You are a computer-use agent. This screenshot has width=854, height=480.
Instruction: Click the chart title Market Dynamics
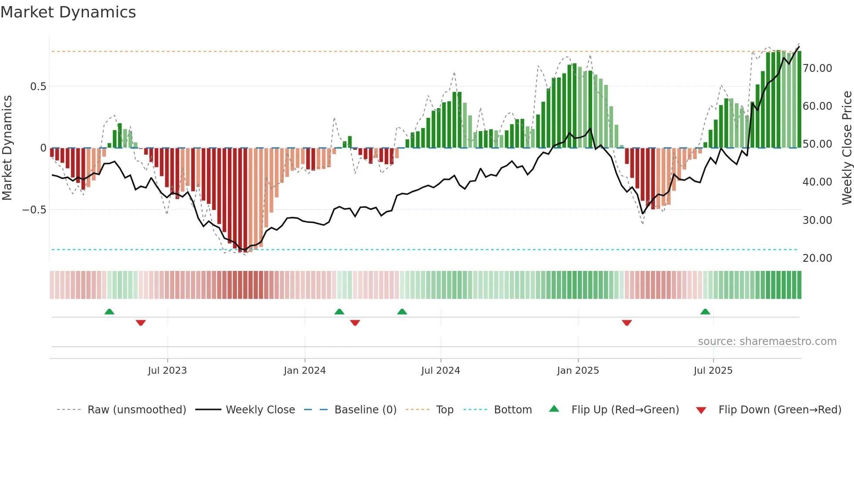(x=68, y=12)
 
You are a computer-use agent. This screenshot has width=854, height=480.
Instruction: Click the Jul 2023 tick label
(x=167, y=371)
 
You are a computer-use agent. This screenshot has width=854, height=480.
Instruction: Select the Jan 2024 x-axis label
(x=305, y=371)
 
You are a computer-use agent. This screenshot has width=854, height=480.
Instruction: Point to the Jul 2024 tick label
(x=441, y=371)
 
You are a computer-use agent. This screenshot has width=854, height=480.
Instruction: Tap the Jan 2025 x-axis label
(x=578, y=371)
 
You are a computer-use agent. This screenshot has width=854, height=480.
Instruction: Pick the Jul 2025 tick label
(x=713, y=371)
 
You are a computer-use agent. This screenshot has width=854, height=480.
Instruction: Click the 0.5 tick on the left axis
(x=38, y=87)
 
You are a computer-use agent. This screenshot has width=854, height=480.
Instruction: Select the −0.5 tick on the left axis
(x=34, y=210)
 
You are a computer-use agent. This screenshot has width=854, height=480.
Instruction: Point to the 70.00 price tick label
(x=817, y=68)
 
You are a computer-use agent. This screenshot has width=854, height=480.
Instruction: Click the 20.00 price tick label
(x=817, y=258)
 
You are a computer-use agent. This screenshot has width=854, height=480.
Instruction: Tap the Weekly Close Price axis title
(x=847, y=148)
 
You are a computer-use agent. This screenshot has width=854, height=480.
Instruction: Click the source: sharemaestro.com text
(x=767, y=341)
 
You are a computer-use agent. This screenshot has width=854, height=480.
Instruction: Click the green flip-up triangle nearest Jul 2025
(x=705, y=311)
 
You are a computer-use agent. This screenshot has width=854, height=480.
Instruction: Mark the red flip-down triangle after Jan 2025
(x=627, y=323)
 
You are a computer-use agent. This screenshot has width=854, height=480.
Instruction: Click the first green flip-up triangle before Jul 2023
(x=109, y=311)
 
